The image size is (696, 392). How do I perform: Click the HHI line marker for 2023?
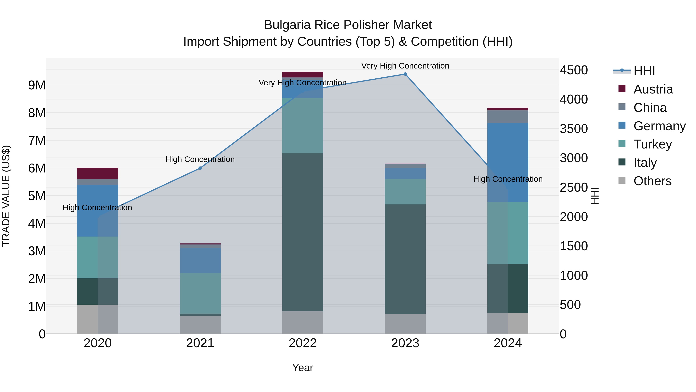tap(405, 74)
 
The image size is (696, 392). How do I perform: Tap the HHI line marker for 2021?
tap(200, 168)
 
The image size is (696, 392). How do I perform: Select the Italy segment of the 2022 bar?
tap(303, 232)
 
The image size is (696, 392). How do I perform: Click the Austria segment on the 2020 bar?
tap(98, 173)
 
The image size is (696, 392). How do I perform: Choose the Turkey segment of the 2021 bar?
tap(200, 293)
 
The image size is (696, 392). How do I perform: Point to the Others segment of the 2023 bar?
tap(405, 324)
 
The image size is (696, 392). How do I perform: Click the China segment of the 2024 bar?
tap(508, 117)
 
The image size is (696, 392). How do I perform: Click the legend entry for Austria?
tap(653, 89)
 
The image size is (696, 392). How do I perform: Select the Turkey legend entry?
tap(652, 144)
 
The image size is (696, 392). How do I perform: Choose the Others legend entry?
tap(652, 181)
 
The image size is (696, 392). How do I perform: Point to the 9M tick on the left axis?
tap(37, 85)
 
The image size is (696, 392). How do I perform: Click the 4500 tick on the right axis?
tap(574, 70)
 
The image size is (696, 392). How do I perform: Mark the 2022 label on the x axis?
tap(303, 343)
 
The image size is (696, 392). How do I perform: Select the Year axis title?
tap(303, 368)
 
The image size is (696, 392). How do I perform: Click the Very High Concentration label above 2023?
tap(405, 66)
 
